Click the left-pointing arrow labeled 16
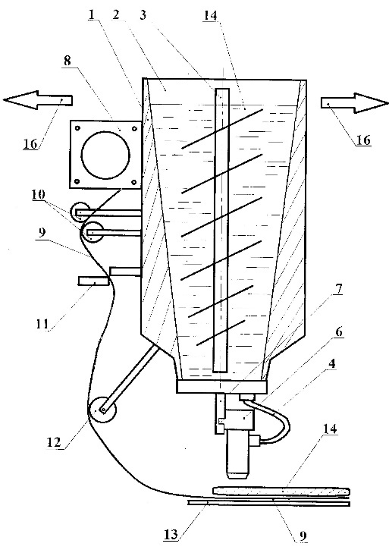click(x=37, y=101)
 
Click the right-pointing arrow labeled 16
click(x=355, y=103)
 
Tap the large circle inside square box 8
click(x=105, y=155)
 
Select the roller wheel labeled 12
click(x=102, y=410)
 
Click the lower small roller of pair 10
click(x=92, y=232)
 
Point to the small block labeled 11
click(x=93, y=281)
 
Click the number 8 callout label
click(x=67, y=61)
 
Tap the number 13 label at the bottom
click(x=171, y=535)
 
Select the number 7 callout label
click(x=339, y=290)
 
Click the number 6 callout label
click(x=339, y=333)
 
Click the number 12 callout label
click(x=55, y=442)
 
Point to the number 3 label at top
click(x=143, y=16)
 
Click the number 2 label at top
click(x=116, y=14)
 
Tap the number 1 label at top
click(x=92, y=14)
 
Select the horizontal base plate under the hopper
click(x=221, y=387)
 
